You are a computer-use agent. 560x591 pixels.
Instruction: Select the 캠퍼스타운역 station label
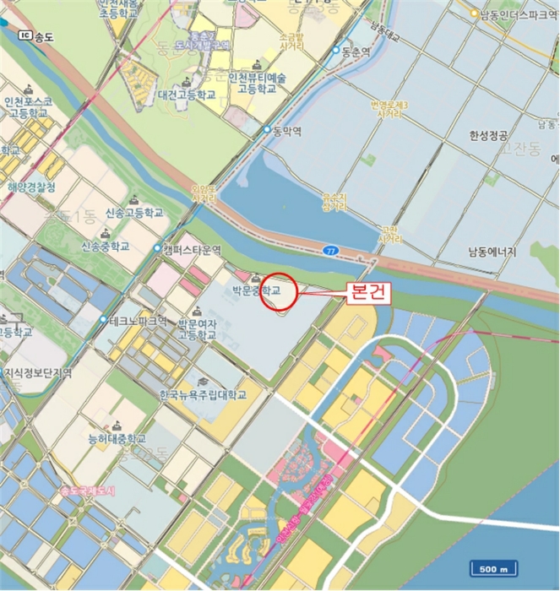click(x=193, y=250)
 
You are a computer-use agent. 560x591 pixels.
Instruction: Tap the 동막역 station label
click(x=286, y=132)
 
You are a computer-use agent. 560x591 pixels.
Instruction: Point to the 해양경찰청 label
click(x=31, y=187)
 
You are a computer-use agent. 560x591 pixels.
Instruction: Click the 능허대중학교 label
click(x=117, y=439)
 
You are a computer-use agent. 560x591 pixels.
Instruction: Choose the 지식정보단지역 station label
click(x=38, y=371)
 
